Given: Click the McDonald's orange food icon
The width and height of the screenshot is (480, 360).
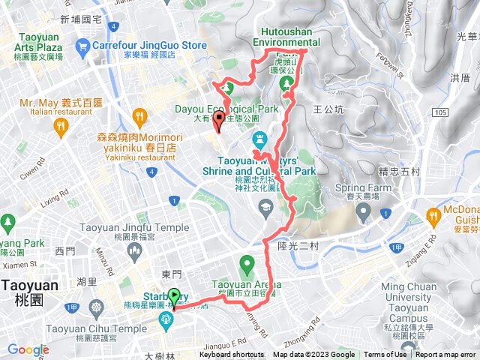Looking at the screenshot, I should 433,218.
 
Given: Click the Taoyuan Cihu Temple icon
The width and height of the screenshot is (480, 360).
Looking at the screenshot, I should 96,307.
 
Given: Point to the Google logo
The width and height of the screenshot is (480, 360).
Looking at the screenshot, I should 28,349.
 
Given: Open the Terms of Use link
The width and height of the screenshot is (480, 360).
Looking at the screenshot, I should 383,355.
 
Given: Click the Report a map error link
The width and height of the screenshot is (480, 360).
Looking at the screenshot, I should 445,355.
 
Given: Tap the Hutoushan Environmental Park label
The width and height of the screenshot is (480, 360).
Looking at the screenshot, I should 286,37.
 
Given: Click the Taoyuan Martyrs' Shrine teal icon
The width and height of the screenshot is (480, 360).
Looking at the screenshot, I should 260,139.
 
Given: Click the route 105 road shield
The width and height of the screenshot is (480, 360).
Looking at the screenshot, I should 441,112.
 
